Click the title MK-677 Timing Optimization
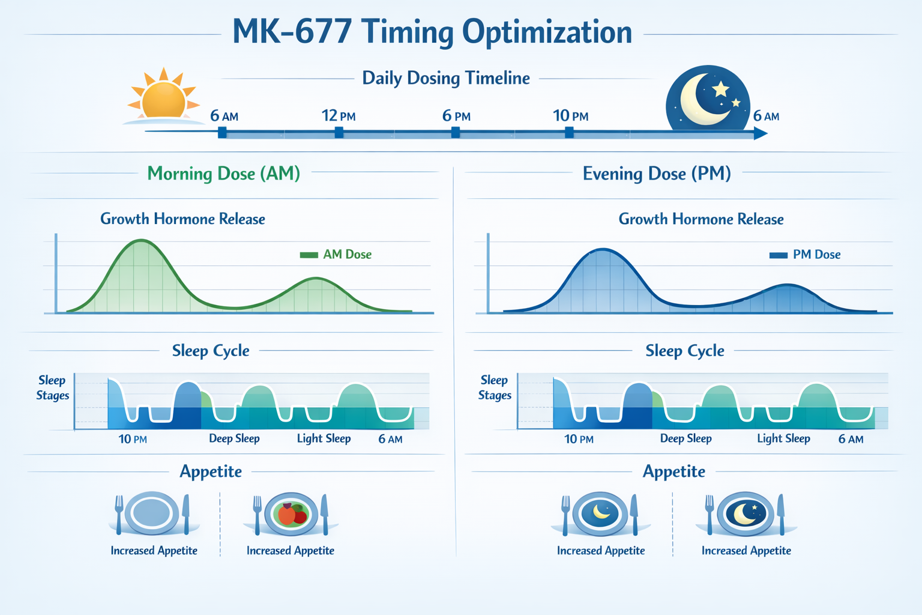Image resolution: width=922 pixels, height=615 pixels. coord(432,32)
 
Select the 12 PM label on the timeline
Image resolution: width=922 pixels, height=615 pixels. coord(339,115)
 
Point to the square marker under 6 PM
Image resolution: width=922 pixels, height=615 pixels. coord(456,132)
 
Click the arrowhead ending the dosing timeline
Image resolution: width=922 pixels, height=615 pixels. coord(761,133)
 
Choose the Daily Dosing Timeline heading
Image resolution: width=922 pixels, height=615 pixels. coord(445,78)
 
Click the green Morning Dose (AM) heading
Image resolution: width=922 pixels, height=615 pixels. coord(224,174)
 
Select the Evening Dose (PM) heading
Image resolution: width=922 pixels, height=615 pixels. coord(657,174)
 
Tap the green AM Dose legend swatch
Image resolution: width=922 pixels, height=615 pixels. coord(309,255)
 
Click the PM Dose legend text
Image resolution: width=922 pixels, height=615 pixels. coord(816,255)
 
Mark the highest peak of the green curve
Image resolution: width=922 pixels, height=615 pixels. coord(142,241)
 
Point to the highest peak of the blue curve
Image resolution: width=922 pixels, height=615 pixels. coord(603,249)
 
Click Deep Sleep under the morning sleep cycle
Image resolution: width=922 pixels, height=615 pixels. coord(234,438)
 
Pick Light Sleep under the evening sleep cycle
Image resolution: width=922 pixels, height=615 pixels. coord(783,438)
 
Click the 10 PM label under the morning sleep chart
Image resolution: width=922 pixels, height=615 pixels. coord(133,439)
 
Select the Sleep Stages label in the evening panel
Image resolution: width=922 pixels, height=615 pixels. coord(495,387)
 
